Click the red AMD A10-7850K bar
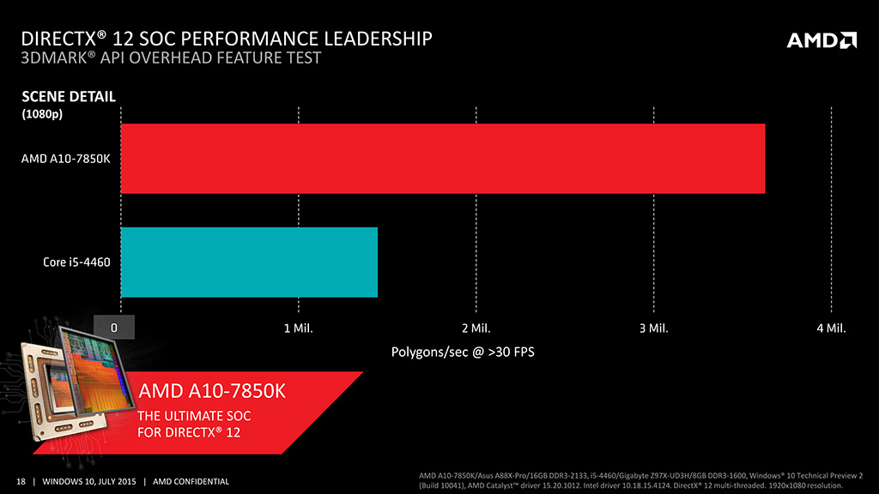[x=442, y=159]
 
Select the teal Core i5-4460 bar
[x=249, y=262]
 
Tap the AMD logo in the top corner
[x=821, y=40]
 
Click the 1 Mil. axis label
[x=298, y=328]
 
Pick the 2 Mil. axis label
[x=476, y=328]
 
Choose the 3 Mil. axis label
[x=653, y=328]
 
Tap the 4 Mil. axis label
[x=831, y=328]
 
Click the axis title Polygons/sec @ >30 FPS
[x=463, y=352]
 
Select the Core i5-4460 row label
[x=76, y=262]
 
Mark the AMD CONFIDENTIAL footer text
[x=191, y=481]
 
